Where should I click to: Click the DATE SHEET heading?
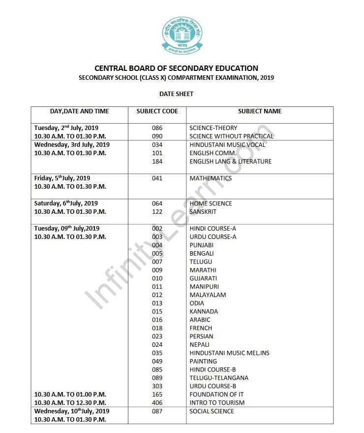point(176,94)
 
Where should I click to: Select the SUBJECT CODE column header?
point(157,111)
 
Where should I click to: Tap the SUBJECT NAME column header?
point(260,111)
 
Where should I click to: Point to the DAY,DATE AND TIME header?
point(80,111)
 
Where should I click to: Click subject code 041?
point(157,178)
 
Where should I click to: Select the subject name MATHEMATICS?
point(211,178)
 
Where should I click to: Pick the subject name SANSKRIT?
point(203,212)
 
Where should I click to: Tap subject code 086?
point(157,128)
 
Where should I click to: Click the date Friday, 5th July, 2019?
point(62,178)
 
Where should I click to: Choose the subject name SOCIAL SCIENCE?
point(212,411)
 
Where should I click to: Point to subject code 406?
point(157,403)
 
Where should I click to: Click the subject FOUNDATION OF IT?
point(216,395)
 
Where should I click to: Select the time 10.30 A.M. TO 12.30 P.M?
point(70,403)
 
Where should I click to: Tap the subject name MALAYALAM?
point(208,295)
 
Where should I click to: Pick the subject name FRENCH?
point(201,328)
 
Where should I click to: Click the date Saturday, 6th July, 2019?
point(66,203)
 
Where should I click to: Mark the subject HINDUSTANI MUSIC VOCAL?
point(227,145)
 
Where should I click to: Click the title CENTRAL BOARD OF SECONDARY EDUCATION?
point(176,68)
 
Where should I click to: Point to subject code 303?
point(157,386)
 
